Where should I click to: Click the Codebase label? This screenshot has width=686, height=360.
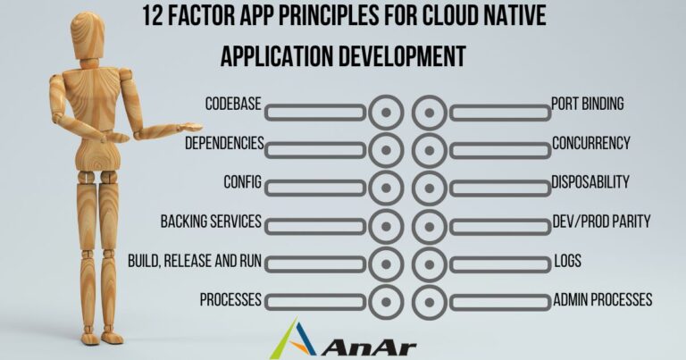click(x=232, y=105)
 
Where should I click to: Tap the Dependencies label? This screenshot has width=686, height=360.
click(x=223, y=143)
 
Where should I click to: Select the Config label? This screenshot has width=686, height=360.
click(x=242, y=182)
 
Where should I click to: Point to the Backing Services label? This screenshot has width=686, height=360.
click(x=211, y=221)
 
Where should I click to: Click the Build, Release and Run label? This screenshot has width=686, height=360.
click(x=195, y=260)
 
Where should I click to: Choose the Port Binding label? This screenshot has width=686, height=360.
click(x=587, y=105)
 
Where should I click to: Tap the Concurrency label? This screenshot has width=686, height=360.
click(x=590, y=143)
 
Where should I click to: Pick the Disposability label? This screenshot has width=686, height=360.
click(x=590, y=182)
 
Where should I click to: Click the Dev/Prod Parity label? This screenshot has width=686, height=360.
click(x=601, y=221)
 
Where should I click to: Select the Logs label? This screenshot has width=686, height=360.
click(x=566, y=260)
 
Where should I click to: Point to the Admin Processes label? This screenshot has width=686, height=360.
click(x=602, y=299)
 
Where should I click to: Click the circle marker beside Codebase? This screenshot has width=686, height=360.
click(x=386, y=113)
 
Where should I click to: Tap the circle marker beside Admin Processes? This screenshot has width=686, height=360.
click(x=430, y=301)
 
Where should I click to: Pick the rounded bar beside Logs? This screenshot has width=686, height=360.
click(x=500, y=264)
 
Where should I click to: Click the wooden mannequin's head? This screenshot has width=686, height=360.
click(x=88, y=34)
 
